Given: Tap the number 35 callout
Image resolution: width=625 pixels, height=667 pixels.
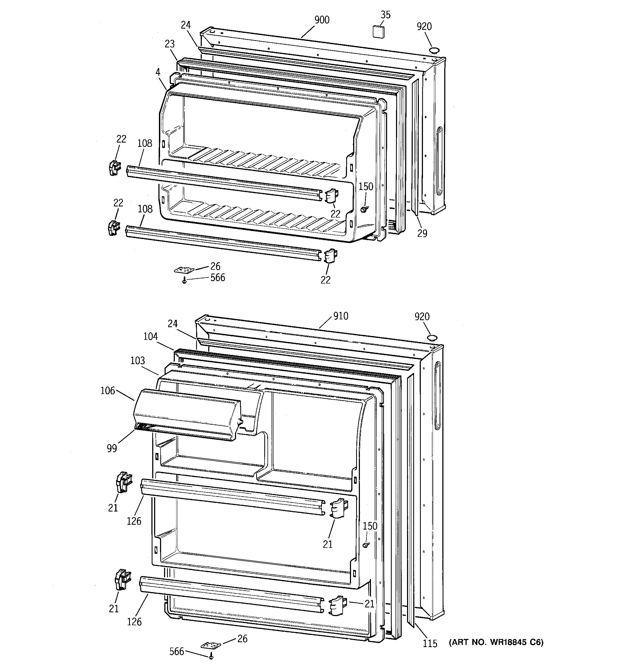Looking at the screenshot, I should (386, 15).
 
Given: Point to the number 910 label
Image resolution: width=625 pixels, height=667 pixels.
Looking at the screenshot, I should (340, 316).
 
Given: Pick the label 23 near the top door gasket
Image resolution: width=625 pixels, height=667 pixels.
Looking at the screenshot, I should (170, 44).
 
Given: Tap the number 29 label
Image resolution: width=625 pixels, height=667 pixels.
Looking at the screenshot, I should (422, 233).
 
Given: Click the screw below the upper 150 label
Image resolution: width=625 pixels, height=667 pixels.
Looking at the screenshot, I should (363, 209).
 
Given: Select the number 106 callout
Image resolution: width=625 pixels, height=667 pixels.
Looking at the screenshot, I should (107, 390).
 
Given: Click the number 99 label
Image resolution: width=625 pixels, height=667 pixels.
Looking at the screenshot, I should (112, 448).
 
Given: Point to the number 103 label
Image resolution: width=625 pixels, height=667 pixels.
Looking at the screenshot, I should (138, 361).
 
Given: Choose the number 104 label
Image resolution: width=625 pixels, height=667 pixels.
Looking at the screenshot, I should (150, 337).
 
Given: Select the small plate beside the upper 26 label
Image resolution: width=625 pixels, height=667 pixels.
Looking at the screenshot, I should (184, 270).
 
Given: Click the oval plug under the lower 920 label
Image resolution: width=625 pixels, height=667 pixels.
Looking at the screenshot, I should (432, 338).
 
